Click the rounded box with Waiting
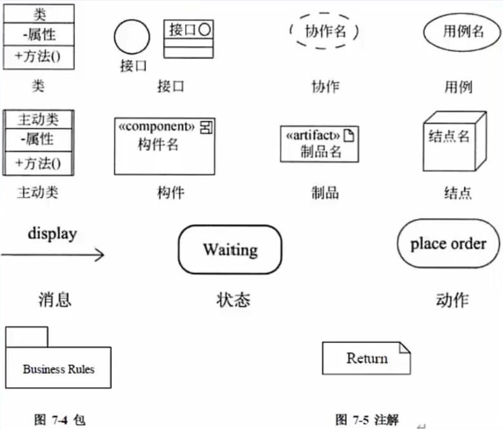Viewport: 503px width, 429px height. (230, 250)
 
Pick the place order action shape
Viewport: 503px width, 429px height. (448, 244)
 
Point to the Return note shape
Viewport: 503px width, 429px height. (366, 358)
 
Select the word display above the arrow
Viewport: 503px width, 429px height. (52, 233)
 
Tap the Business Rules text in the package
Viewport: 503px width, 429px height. (59, 369)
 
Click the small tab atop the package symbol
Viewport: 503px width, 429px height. (27, 337)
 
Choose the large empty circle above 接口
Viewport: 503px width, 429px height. (132, 37)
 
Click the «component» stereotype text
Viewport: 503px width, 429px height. (156, 127)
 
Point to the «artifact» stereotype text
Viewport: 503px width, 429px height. (313, 136)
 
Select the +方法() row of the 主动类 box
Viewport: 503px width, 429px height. (39, 164)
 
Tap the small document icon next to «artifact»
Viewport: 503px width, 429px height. (348, 136)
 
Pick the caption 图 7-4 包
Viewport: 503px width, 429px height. (59, 419)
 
